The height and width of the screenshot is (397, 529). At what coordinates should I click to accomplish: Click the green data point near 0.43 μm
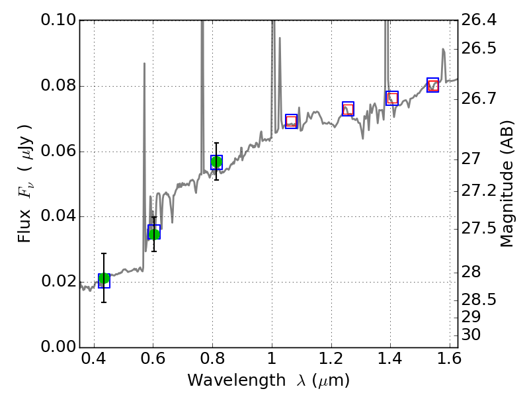click(104, 279)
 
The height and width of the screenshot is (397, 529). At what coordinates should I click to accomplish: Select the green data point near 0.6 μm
click(154, 234)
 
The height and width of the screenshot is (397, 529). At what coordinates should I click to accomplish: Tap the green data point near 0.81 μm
click(216, 161)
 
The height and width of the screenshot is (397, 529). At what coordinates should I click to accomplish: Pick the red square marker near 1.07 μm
click(291, 121)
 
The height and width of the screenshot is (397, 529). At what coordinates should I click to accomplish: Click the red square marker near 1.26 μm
click(348, 109)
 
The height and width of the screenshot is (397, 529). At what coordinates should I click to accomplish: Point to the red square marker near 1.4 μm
click(392, 99)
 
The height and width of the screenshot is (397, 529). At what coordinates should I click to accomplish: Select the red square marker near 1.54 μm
click(433, 85)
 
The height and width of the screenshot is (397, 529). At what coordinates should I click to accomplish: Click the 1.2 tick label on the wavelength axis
click(331, 362)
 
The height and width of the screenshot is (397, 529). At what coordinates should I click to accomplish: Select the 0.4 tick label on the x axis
click(94, 362)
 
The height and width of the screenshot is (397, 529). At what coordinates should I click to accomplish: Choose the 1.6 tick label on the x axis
click(449, 362)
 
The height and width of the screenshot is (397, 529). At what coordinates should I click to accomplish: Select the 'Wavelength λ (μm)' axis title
click(268, 381)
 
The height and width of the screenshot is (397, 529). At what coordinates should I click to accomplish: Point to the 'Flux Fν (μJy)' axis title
click(25, 184)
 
